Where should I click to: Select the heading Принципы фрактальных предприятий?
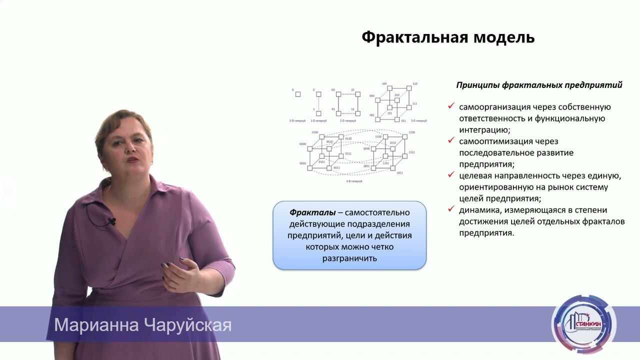[539, 85]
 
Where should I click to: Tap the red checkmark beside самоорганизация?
[451, 106]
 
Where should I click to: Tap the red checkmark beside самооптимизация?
[451, 140]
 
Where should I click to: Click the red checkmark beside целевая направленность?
[451, 175]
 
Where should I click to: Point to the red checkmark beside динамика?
[451, 209]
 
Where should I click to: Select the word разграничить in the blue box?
[349, 258]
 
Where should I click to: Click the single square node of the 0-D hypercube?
[298, 94]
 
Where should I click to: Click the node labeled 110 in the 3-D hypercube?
[409, 88]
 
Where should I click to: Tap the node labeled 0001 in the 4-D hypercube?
[310, 168]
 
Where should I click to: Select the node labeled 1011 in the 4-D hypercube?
[393, 168]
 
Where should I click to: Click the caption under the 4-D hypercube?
[354, 181]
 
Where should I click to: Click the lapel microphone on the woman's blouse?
[110, 221]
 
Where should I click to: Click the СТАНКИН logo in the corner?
[583, 324]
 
